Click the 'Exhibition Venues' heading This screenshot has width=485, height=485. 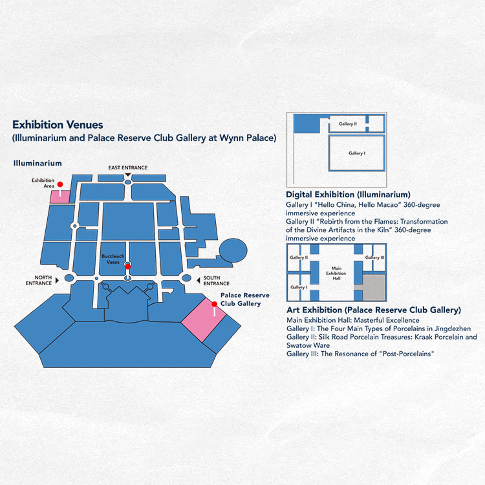coord(58,125)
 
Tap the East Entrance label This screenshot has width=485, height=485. coord(128,167)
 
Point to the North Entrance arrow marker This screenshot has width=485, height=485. coord(57,280)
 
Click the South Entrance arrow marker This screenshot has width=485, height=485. coord(199,281)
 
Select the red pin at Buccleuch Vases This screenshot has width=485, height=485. coord(128,266)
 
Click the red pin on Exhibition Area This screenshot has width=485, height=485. coord(60,184)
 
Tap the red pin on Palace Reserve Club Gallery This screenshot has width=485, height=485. coord(214,304)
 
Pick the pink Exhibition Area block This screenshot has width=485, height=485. coord(59,197)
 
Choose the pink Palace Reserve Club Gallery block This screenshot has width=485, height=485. coord(204,320)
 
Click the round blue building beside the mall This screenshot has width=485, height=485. coord(233,250)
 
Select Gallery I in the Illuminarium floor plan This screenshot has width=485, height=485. coord(356,153)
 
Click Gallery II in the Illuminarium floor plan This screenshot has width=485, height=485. coord(347,124)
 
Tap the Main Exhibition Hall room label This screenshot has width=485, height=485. coord(336,273)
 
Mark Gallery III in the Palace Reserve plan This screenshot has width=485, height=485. coord(374,257)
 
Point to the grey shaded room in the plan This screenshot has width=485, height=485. coord(374,287)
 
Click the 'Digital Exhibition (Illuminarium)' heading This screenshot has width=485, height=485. coord(348,195)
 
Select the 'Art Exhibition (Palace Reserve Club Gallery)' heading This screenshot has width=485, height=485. coord(374,310)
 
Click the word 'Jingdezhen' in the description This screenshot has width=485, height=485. coord(453,329)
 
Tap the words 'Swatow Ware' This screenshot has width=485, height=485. coord(308,345)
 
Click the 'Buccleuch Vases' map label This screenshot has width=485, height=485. coord(113,259)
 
